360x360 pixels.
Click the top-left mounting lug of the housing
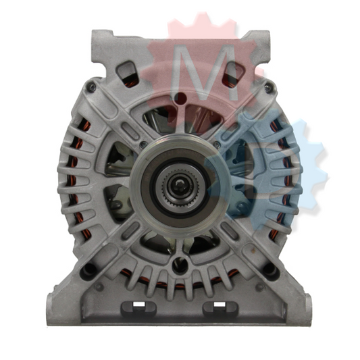101,46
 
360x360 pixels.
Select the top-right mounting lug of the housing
259,46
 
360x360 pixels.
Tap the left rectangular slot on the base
138,307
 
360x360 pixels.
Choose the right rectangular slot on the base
220,307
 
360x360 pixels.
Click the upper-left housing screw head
92,86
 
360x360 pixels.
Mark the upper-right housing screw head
268,88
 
